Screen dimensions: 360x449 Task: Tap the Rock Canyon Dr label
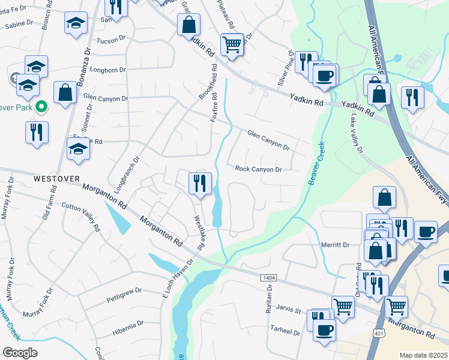point(258,170)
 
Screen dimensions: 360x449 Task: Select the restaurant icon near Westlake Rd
point(200,183)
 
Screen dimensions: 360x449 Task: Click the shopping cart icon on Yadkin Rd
point(232,44)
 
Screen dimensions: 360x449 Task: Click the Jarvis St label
point(289,311)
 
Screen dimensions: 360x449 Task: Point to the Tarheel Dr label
point(285,332)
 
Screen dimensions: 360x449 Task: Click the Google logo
point(20,353)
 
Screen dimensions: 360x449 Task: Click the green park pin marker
point(41,107)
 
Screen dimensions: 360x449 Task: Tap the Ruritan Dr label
point(270,301)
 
